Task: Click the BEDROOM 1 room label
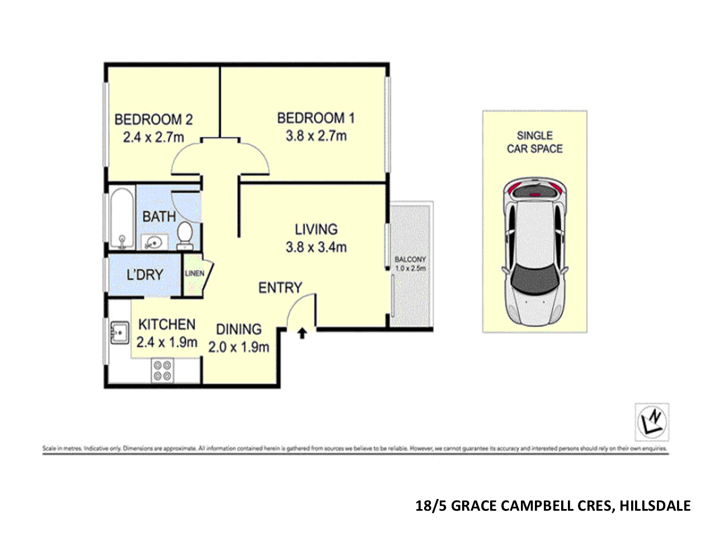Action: pos(316,118)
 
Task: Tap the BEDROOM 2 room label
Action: pos(153,119)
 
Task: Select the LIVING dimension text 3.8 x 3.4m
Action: pos(316,247)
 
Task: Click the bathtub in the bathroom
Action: pos(121,218)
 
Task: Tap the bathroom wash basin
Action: pos(153,242)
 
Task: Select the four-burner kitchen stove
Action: pos(162,371)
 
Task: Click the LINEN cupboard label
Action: pos(194,273)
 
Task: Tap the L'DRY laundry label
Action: pos(145,275)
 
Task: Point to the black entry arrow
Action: pos(302,334)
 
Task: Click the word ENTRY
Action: pos(280,288)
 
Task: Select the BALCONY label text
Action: pos(410,259)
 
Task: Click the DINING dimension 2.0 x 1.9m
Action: pos(239,347)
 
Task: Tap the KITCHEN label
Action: pos(167,324)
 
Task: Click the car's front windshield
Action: pos(534,277)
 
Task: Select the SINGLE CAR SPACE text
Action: pos(534,142)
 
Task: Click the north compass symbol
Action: pos(652,422)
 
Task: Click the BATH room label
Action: pos(159,216)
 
